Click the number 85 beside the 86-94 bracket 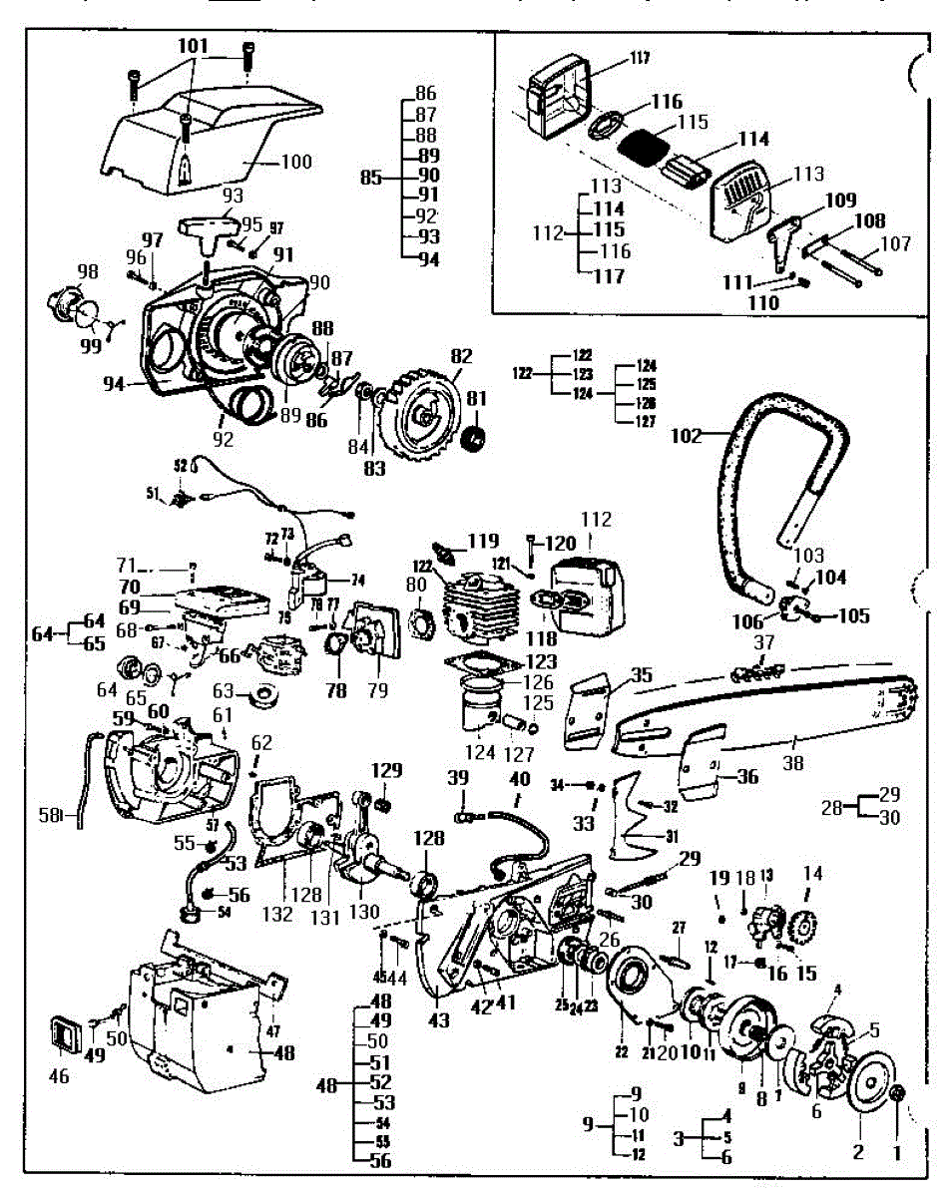point(371,179)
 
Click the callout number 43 point(438,1020)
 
